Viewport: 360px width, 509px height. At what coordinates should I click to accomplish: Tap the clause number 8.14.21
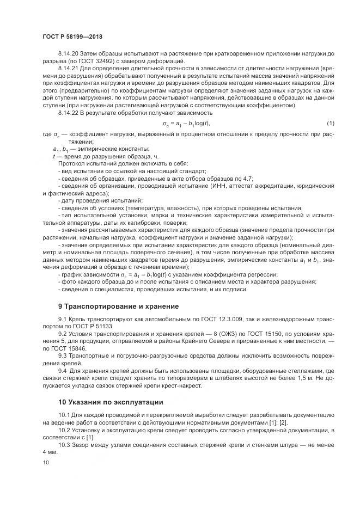[x=68, y=69]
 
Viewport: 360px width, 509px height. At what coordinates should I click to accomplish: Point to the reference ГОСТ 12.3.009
[x=209, y=318]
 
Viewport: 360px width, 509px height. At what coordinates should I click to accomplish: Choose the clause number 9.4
[x=62, y=371]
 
